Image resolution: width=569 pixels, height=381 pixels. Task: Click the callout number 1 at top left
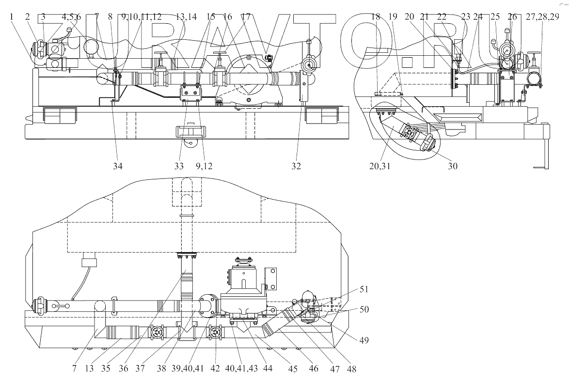point(11,16)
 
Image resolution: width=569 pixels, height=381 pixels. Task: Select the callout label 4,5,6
point(71,16)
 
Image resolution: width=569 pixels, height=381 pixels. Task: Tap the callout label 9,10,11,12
point(142,16)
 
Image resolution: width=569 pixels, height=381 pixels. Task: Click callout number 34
point(118,166)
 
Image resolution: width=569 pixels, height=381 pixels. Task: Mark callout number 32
point(296,166)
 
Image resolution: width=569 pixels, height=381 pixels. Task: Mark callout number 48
point(351,368)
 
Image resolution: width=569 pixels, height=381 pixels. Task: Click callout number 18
point(375,16)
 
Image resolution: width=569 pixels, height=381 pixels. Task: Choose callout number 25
point(494,16)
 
